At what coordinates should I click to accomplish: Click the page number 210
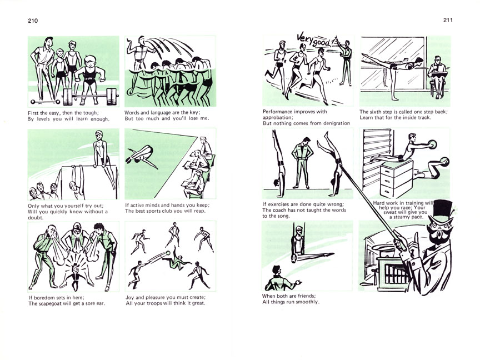33,21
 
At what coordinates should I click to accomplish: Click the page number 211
448,20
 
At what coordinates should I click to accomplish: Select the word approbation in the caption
278,118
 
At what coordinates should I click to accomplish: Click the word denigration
335,123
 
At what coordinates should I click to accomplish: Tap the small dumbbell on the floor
46,102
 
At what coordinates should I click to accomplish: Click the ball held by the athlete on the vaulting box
432,144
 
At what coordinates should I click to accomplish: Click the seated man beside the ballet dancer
438,77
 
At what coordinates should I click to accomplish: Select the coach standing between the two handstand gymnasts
303,163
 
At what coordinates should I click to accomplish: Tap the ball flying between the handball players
168,253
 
